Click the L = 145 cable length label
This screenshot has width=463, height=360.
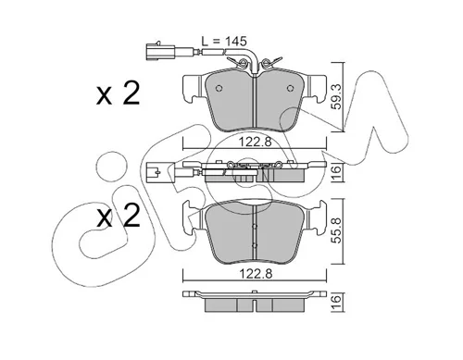pos(224,42)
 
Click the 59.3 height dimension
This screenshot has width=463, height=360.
pos(337,97)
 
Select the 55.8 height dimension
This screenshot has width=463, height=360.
pos(337,230)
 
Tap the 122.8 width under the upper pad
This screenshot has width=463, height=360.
pos(256,143)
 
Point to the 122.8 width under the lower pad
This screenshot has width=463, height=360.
pos(256,274)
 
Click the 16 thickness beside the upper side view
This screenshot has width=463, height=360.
pos(337,170)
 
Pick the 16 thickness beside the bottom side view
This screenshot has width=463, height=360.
pos(337,299)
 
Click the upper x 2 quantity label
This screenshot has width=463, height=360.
pos(119,93)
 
